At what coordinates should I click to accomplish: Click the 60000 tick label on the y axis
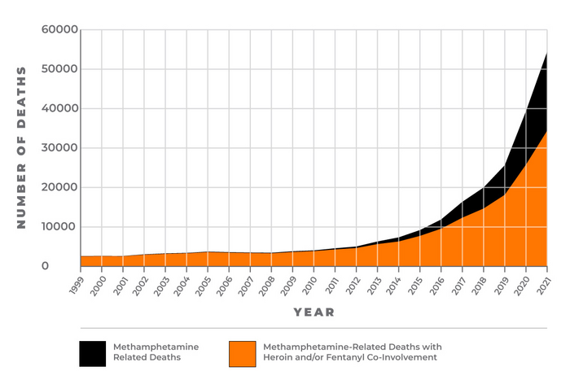(x=59, y=30)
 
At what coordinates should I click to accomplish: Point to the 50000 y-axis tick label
(x=59, y=69)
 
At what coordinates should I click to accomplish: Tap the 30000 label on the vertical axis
(x=59, y=148)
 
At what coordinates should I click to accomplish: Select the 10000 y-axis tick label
(x=59, y=227)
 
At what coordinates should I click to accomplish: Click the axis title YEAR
(x=313, y=312)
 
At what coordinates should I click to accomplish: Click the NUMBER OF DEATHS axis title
(x=22, y=147)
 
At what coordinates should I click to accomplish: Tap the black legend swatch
(x=93, y=353)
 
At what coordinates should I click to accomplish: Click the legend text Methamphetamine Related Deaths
(x=156, y=352)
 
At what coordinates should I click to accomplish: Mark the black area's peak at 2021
(x=546, y=54)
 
